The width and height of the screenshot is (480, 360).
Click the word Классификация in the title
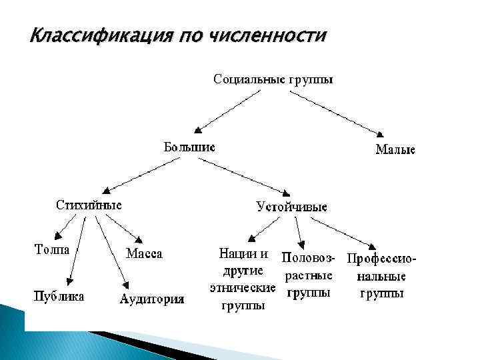point(97,34)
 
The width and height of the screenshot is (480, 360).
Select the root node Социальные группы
point(273,79)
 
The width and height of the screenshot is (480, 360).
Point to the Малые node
point(395,150)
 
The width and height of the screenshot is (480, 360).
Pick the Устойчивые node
point(292,207)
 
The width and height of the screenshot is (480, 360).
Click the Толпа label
point(53,249)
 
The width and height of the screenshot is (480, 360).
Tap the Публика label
point(59,296)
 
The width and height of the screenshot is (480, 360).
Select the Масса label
point(144,254)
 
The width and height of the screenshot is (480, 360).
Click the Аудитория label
point(152,299)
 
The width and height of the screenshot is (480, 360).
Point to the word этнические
point(242,289)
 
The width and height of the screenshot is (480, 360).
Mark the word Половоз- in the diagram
point(310,257)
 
